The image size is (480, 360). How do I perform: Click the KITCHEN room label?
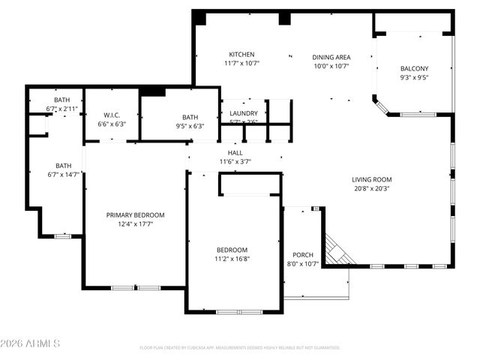[241, 55]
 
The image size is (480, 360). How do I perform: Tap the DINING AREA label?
[331, 57]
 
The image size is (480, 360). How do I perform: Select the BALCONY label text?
[414, 68]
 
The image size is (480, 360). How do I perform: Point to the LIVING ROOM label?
[372, 179]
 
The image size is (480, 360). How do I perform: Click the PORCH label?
[303, 254]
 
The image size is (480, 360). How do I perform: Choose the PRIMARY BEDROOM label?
[135, 215]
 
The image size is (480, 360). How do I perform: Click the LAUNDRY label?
[244, 113]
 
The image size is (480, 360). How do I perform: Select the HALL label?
[235, 152]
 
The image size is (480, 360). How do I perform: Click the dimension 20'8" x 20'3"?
[372, 188]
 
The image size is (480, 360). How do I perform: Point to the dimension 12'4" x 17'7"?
[135, 224]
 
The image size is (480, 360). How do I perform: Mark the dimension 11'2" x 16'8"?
[232, 259]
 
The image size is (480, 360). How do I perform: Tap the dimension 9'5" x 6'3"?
[190, 126]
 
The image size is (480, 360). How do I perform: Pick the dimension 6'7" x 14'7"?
[63, 175]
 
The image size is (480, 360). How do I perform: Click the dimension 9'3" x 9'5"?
[414, 76]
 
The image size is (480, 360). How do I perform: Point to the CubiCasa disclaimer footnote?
[240, 348]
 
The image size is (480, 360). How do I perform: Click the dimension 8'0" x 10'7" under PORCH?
[303, 263]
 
